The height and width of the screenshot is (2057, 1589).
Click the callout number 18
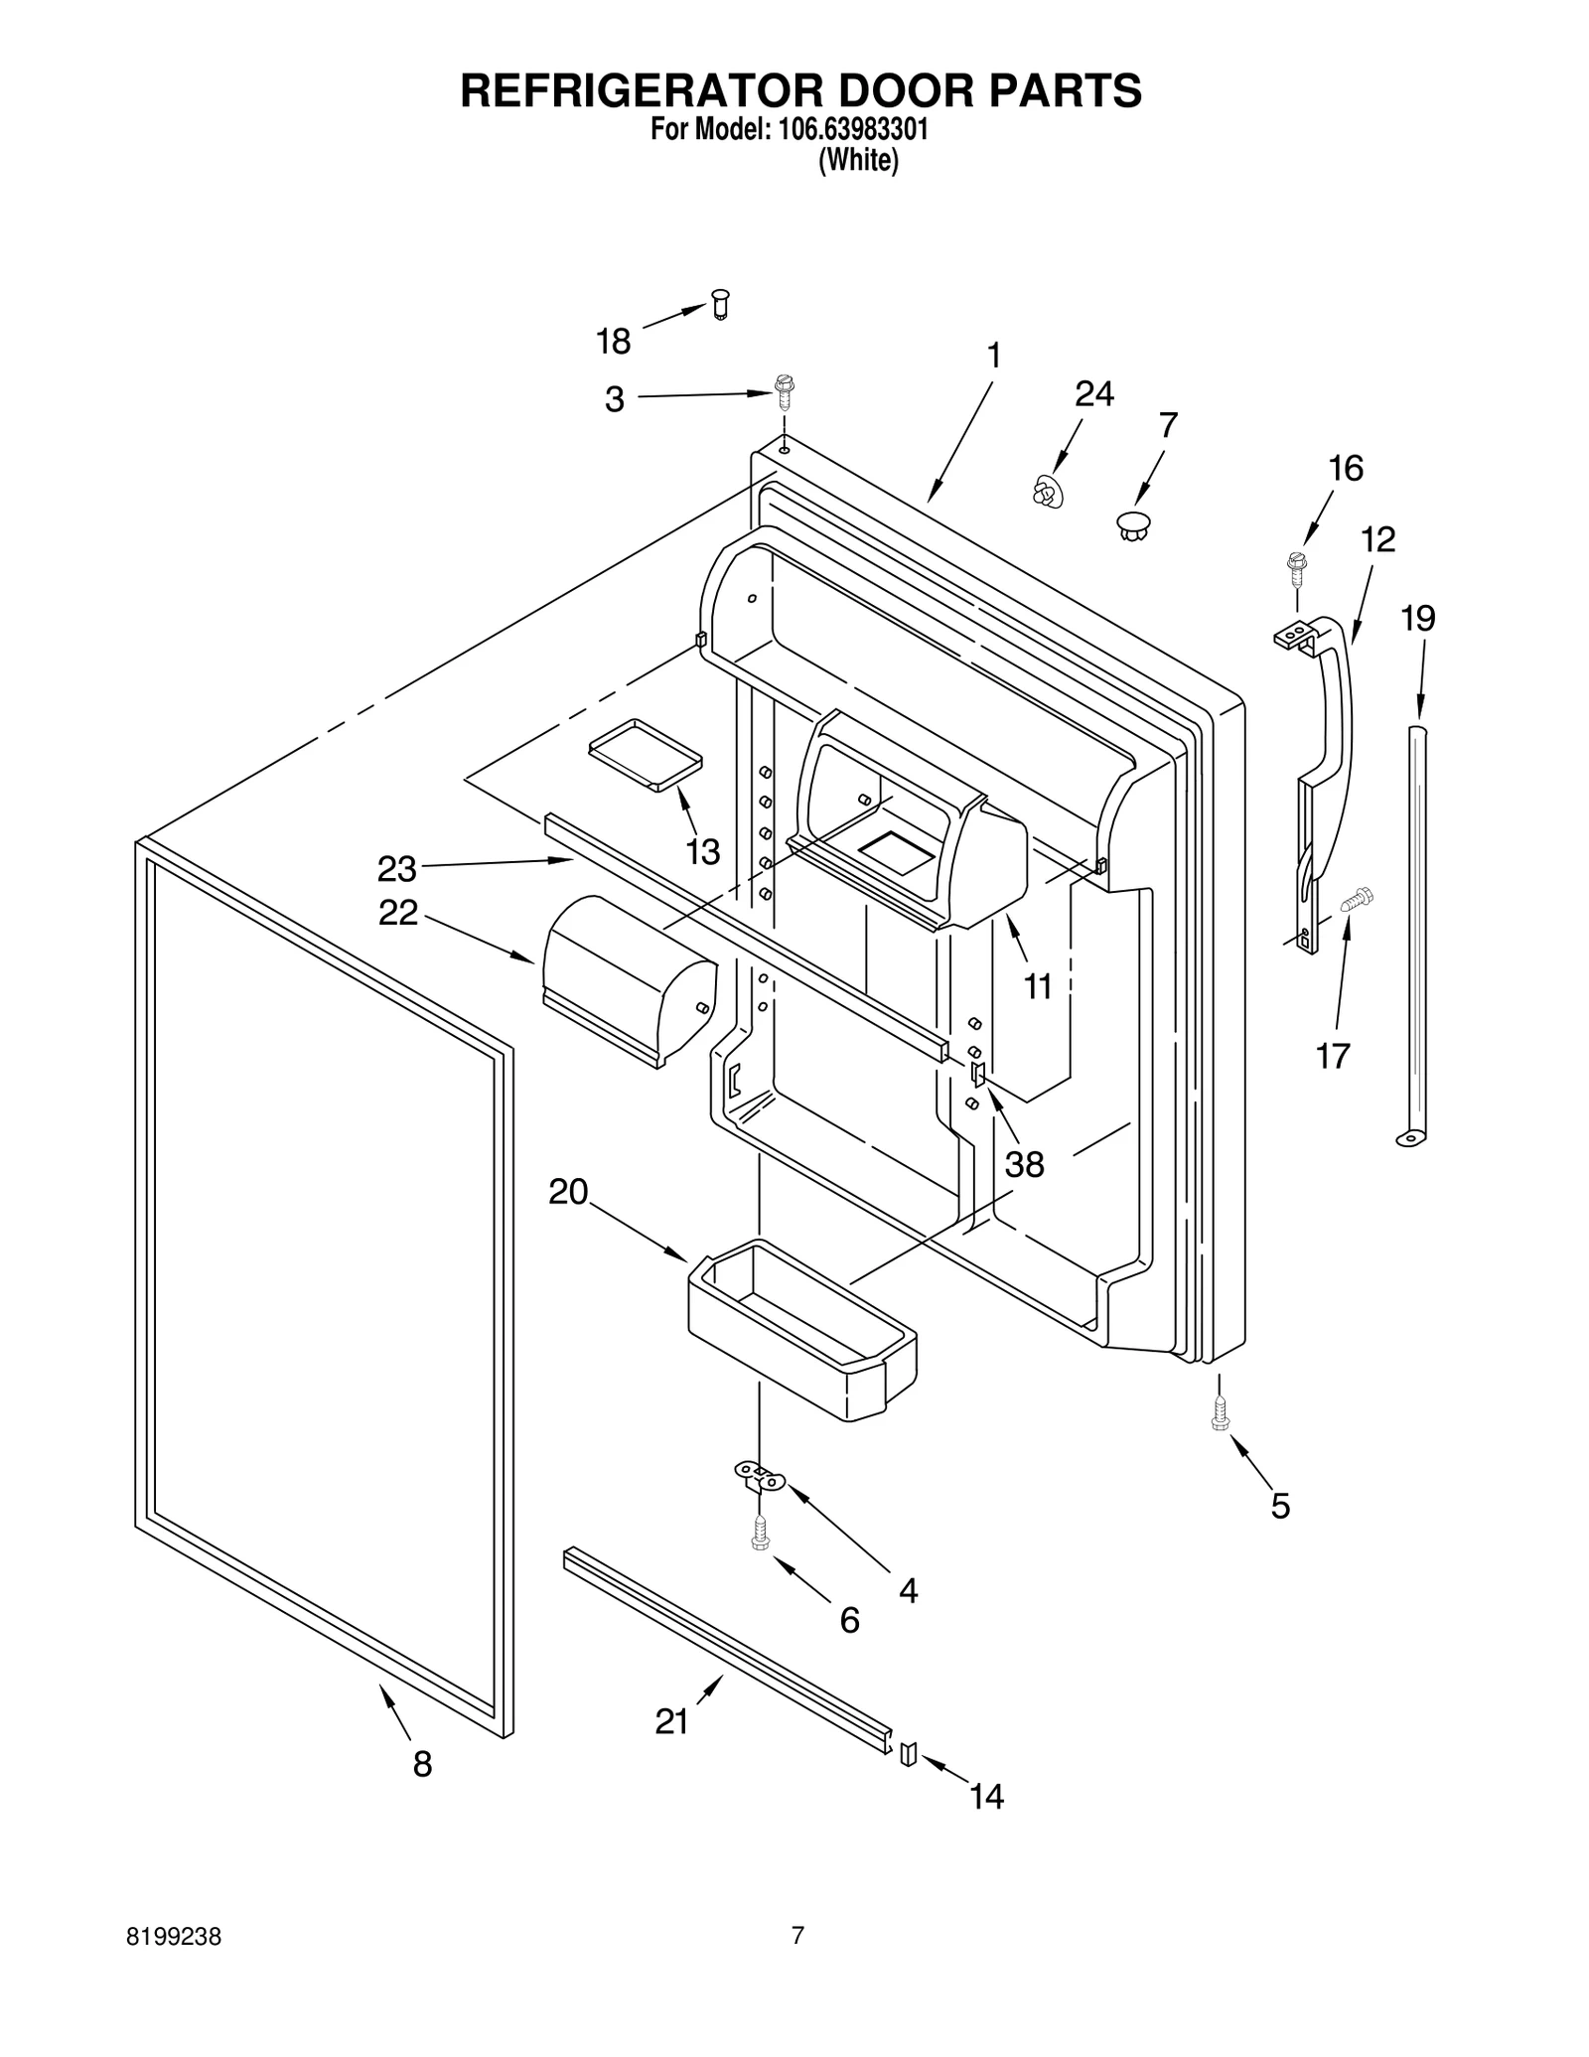[x=613, y=342]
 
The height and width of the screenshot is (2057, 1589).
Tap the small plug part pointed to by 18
[x=721, y=303]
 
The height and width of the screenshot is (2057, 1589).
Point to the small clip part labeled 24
[x=1046, y=493]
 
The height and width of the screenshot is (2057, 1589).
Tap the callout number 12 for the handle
[x=1377, y=539]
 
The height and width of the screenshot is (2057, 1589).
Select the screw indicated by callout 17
[x=1356, y=899]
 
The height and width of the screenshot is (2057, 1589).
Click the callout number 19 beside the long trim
[x=1417, y=619]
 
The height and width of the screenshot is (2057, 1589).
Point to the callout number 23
[x=396, y=869]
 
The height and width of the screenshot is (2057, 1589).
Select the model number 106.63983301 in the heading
[x=848, y=130]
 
